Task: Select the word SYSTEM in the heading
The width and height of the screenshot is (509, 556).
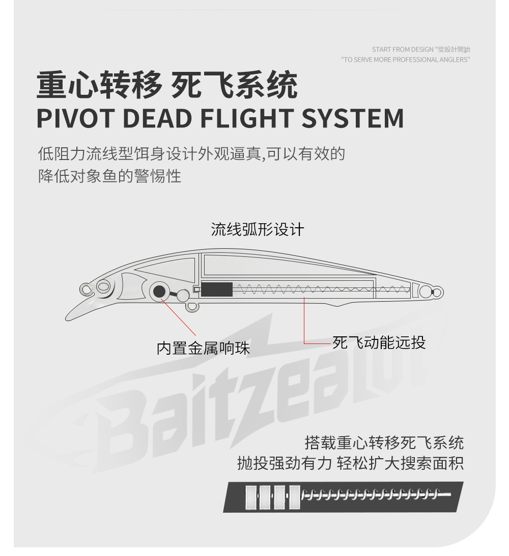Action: [x=353, y=118]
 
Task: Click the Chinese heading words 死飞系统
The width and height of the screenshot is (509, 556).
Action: [x=235, y=86]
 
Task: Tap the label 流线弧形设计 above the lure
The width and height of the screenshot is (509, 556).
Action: [x=258, y=229]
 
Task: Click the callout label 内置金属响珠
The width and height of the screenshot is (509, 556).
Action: [x=203, y=349]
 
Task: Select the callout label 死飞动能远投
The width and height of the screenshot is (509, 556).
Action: [x=379, y=342]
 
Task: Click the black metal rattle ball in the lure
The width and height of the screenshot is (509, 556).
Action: [x=159, y=292]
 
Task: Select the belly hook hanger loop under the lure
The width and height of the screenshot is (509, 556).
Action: [x=191, y=307]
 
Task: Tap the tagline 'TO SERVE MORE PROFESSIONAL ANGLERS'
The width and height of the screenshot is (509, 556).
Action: [x=405, y=60]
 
